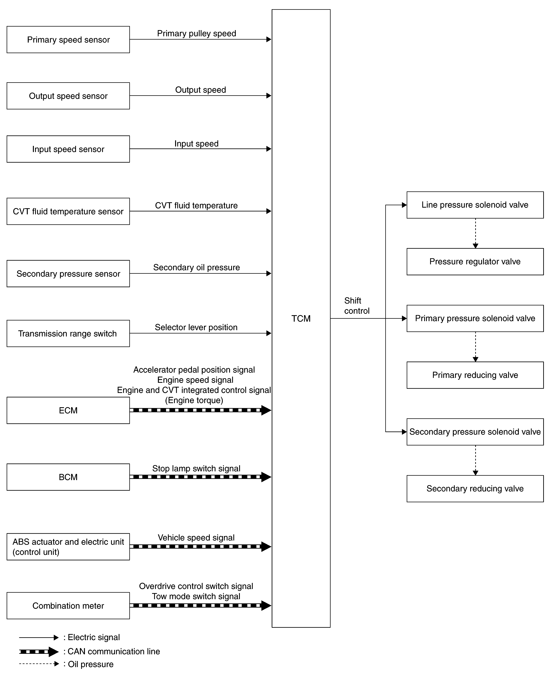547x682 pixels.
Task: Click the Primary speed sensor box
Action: pos(68,40)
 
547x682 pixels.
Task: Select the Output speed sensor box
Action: pos(68,96)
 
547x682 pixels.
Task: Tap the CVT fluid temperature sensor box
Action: pos(68,211)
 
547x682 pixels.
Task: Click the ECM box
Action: pos(68,410)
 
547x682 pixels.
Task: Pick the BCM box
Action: pos(68,477)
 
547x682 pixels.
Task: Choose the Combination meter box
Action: pos(68,606)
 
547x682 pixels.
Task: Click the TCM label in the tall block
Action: pos(301,319)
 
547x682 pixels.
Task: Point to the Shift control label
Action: pos(357,306)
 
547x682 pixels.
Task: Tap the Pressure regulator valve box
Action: pos(475,262)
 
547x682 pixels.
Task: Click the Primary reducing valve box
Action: pos(475,375)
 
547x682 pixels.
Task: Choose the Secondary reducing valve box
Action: pos(475,489)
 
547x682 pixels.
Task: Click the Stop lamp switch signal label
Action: pos(196,468)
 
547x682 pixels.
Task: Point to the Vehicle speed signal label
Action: pos(196,538)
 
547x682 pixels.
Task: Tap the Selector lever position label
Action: pos(196,327)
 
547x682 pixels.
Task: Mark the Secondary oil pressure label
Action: pos(197,268)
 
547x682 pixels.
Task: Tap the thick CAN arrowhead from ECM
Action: pos(266,410)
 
